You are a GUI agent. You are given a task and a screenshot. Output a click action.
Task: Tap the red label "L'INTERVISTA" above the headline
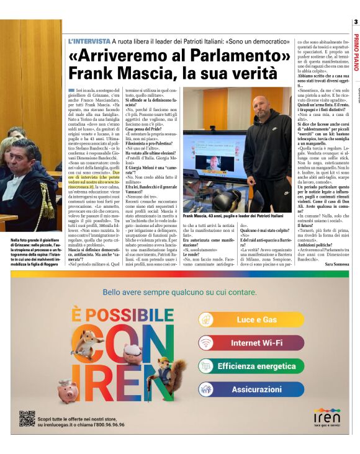point(89,41)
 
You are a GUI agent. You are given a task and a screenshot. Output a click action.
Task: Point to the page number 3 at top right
point(356,23)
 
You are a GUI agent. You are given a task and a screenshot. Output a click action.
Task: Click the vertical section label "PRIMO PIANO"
point(356,52)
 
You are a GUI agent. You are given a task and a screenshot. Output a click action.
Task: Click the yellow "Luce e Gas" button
point(255,319)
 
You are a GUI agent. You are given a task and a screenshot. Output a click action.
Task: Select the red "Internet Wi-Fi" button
point(255,342)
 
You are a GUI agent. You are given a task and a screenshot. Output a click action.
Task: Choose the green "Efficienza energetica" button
point(255,366)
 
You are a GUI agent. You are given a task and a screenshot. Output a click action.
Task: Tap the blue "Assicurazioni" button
point(255,389)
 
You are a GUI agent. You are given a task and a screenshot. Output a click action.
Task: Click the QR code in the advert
point(26,419)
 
